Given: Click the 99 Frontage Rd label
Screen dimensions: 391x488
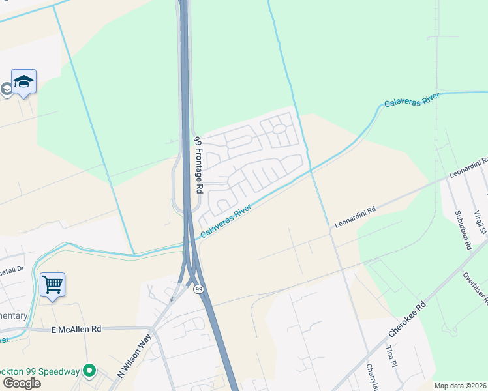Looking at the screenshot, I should coord(198,164).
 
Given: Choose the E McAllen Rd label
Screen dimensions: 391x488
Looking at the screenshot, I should coord(77,330).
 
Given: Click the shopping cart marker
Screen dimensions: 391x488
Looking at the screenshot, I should coord(52,284).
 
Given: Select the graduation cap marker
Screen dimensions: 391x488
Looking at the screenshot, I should coord(23,81).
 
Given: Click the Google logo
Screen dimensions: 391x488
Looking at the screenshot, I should coord(22,383).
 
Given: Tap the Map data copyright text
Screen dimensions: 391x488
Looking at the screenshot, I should coord(461,385).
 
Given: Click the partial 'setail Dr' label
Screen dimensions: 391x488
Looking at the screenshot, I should coord(12,268).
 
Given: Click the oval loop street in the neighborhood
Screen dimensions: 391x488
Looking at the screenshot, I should coord(279,128).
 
